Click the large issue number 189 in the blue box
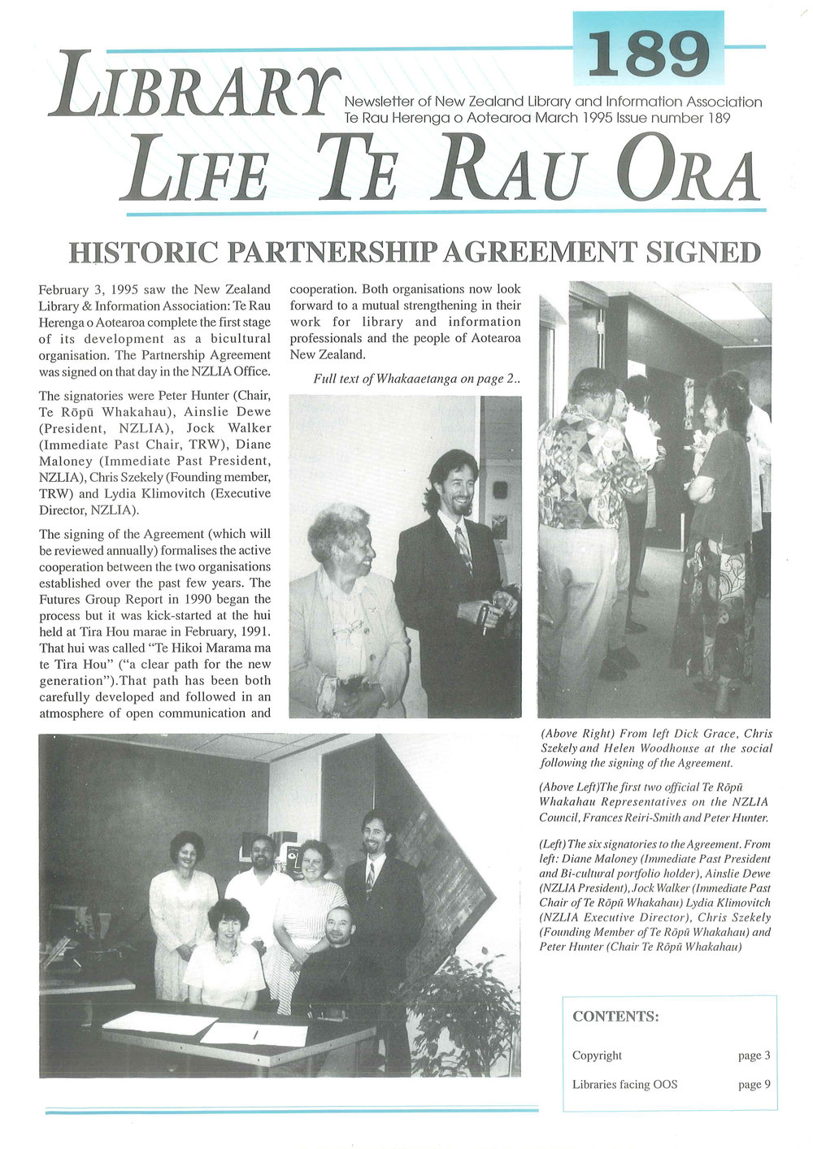click(x=648, y=54)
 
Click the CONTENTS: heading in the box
click(x=615, y=1017)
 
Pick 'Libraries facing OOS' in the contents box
click(x=624, y=1084)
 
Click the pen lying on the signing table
click(x=254, y=1034)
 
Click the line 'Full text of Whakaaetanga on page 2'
click(x=415, y=379)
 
